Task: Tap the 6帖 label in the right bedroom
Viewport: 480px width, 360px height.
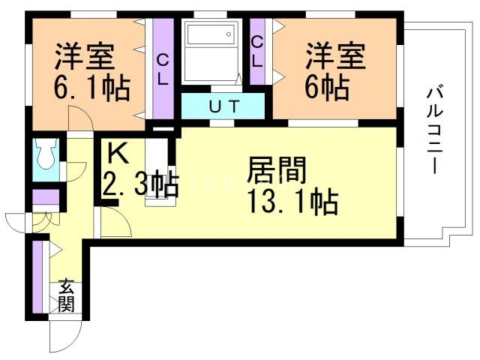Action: [x=327, y=87]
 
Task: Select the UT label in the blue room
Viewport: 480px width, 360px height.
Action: [x=223, y=106]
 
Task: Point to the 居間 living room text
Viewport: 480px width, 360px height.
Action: [x=277, y=170]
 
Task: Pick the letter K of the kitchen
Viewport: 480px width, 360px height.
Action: [x=118, y=154]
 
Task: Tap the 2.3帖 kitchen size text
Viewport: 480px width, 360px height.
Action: [x=140, y=184]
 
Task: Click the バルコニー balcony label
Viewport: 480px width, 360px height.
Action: [x=435, y=130]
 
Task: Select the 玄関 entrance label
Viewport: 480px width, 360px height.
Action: [x=67, y=295]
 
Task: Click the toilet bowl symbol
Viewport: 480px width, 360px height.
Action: [x=46, y=153]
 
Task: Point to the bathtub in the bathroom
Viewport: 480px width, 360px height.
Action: [x=211, y=34]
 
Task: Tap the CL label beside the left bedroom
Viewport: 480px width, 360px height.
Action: [x=163, y=71]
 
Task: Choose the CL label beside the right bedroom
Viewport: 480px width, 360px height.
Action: [x=257, y=52]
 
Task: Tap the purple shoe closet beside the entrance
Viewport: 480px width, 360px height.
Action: [x=38, y=277]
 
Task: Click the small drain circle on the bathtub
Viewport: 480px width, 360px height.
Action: [x=229, y=34]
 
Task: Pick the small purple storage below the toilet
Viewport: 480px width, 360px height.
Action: [x=46, y=197]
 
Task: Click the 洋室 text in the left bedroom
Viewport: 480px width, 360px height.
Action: [x=85, y=57]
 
